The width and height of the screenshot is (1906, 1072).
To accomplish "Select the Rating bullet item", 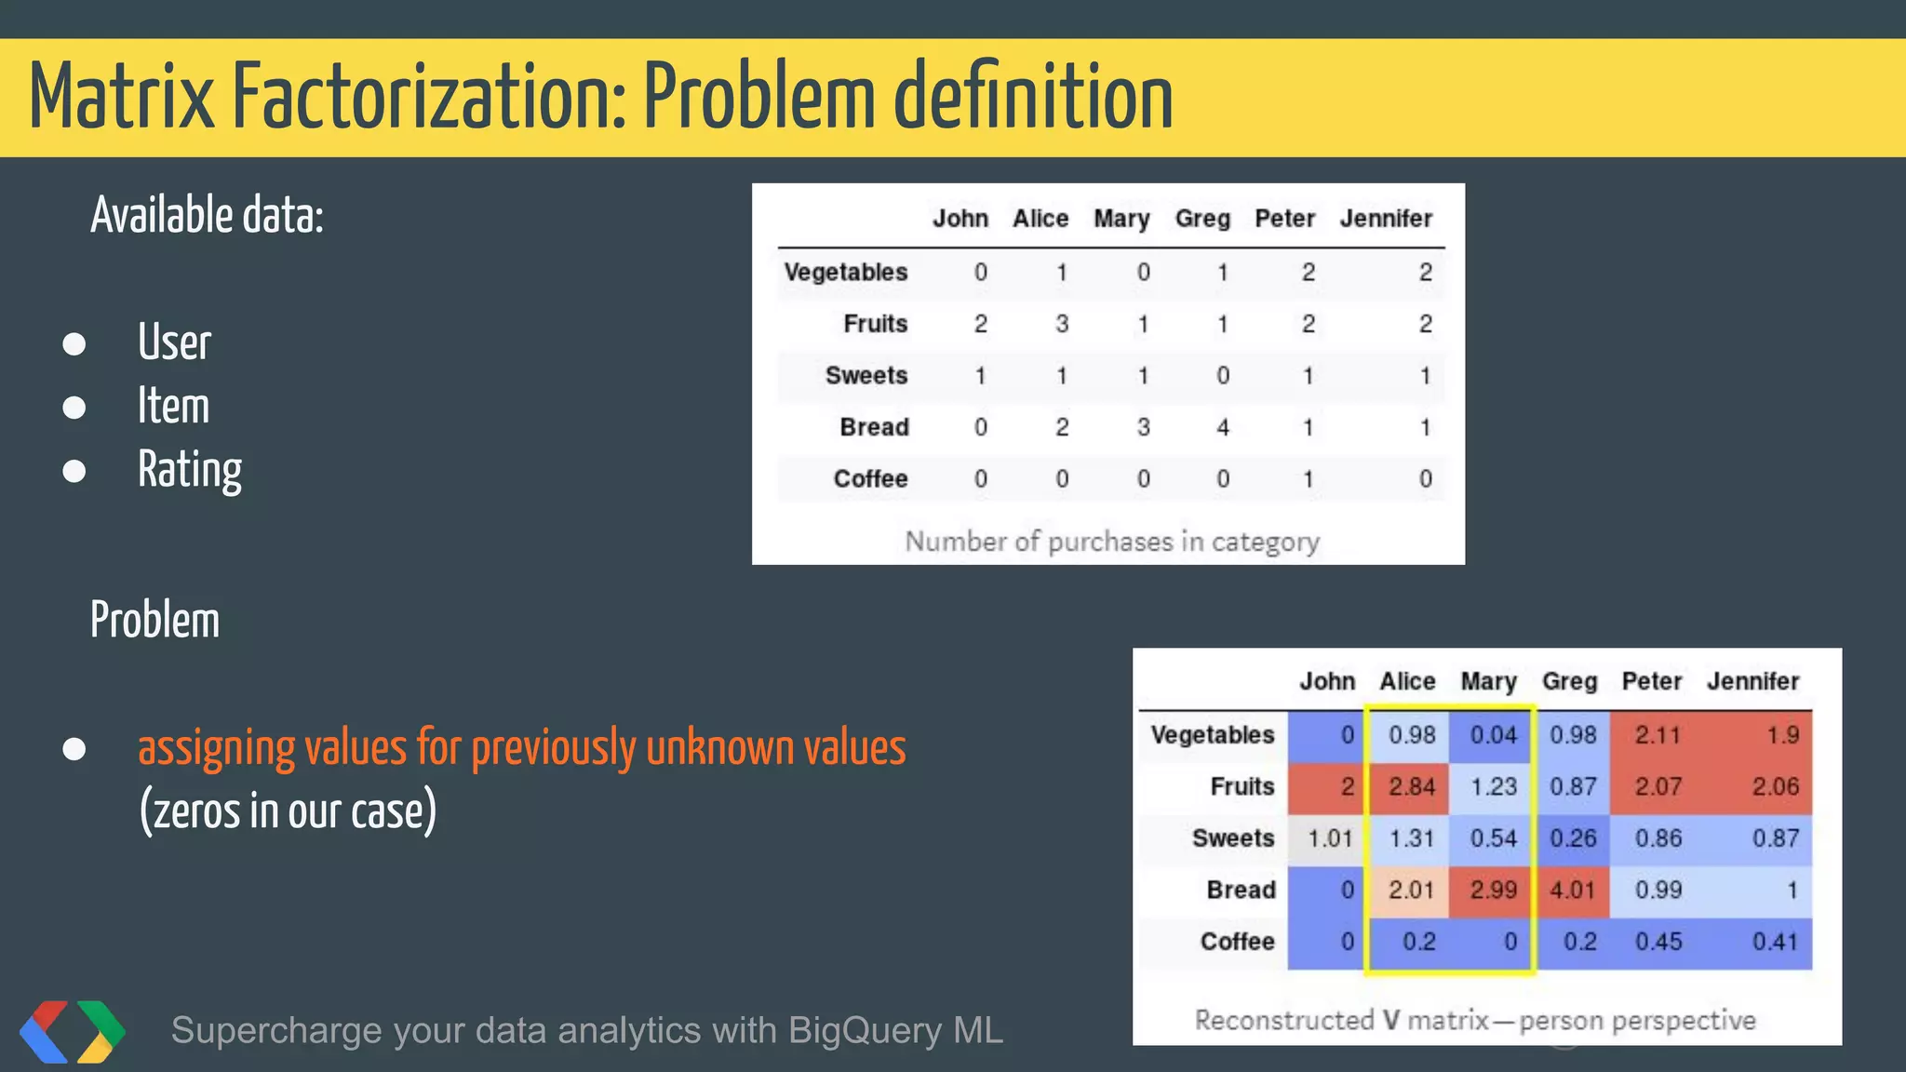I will point(190,469).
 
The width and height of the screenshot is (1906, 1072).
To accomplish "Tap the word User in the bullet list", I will point(174,342).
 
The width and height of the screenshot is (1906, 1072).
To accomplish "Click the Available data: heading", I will point(207,216).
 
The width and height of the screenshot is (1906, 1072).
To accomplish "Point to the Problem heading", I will point(155,620).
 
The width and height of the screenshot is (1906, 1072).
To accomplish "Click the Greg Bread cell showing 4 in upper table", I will point(1222,427).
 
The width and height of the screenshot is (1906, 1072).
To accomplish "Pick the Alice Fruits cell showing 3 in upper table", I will point(1061,324).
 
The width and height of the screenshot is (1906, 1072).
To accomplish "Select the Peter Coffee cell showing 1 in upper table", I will point(1308,479).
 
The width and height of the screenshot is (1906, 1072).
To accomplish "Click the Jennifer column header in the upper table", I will point(1385,219).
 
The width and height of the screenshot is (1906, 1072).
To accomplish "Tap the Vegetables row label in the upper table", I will point(845,272).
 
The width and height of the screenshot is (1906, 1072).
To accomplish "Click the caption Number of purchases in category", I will point(1112,541).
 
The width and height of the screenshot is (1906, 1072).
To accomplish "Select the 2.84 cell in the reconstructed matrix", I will point(1411,786).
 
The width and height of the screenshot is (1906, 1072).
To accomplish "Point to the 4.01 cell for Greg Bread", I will point(1572,890).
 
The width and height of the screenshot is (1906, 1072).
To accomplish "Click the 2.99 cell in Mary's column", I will point(1493,890).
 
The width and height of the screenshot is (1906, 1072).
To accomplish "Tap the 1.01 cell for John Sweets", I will point(1329,838).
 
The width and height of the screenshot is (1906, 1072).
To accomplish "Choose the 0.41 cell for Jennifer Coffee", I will point(1775,942).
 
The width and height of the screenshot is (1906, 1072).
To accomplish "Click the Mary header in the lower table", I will point(1488,681).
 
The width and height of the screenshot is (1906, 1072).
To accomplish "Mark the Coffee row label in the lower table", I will point(1237,942).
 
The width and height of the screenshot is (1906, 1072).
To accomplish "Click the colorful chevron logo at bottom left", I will point(72,1031).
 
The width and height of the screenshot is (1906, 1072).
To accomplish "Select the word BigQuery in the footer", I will point(865,1031).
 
